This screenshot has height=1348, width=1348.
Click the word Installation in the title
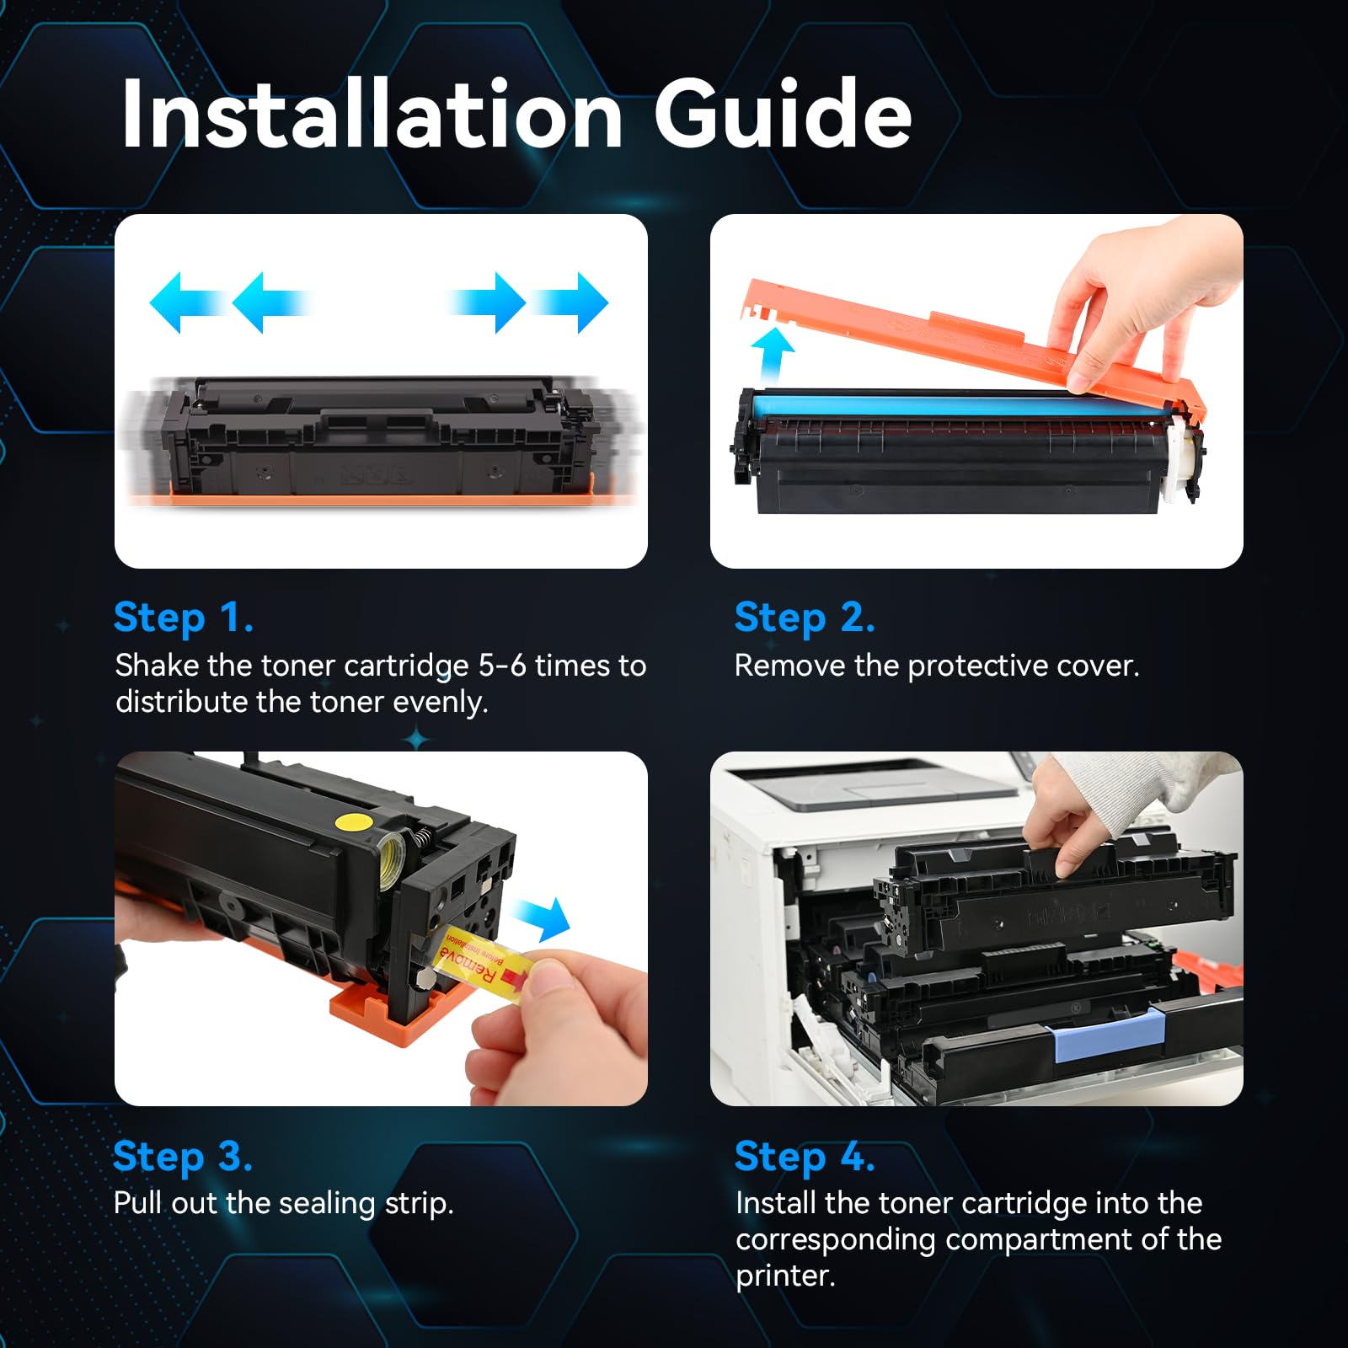click(372, 114)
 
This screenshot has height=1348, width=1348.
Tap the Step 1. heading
click(183, 618)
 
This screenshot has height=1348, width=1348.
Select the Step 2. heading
click(804, 618)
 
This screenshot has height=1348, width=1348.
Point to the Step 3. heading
click(182, 1156)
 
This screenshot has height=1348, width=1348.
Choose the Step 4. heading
click(804, 1156)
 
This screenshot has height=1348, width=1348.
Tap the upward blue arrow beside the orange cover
click(773, 355)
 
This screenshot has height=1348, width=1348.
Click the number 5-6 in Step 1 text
click(502, 666)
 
